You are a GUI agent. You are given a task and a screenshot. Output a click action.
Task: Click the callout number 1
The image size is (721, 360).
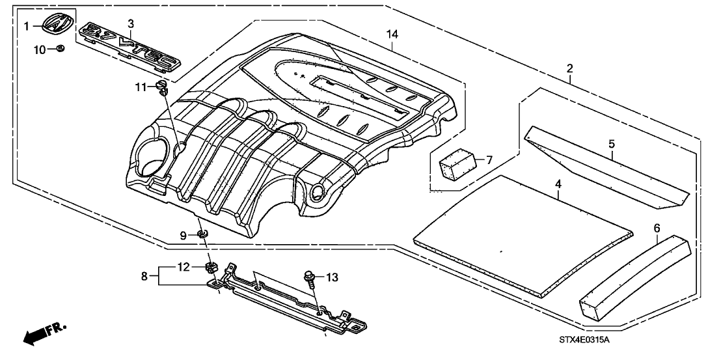27,26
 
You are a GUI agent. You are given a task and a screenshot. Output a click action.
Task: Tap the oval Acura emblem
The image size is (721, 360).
57,25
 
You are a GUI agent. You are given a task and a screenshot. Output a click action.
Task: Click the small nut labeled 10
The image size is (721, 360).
59,48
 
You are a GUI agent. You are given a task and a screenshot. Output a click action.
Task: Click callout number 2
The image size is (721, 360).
569,68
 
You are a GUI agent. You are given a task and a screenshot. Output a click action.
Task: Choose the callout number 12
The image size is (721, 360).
185,267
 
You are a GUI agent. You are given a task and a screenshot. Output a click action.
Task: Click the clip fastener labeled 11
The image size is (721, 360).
161,88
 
